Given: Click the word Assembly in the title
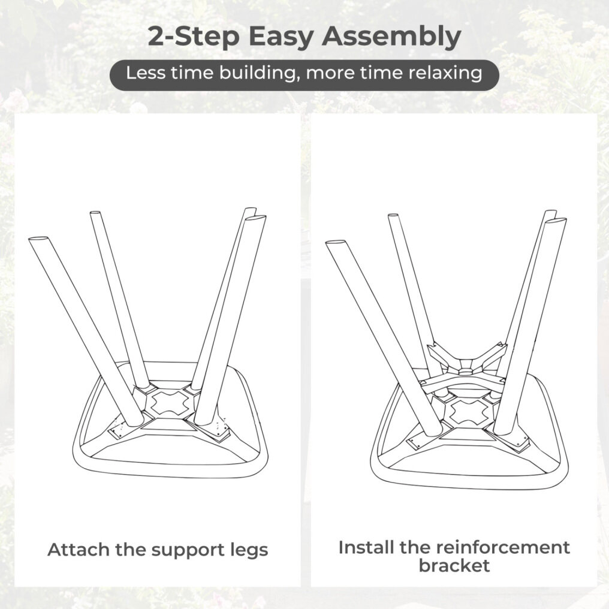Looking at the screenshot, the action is click(x=391, y=37).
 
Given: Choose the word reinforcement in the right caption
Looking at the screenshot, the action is click(x=502, y=547).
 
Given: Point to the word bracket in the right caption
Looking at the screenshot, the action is click(x=454, y=565).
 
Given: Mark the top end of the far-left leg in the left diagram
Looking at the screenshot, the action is click(x=39, y=239).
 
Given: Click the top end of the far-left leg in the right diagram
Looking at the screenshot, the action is click(x=336, y=243).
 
